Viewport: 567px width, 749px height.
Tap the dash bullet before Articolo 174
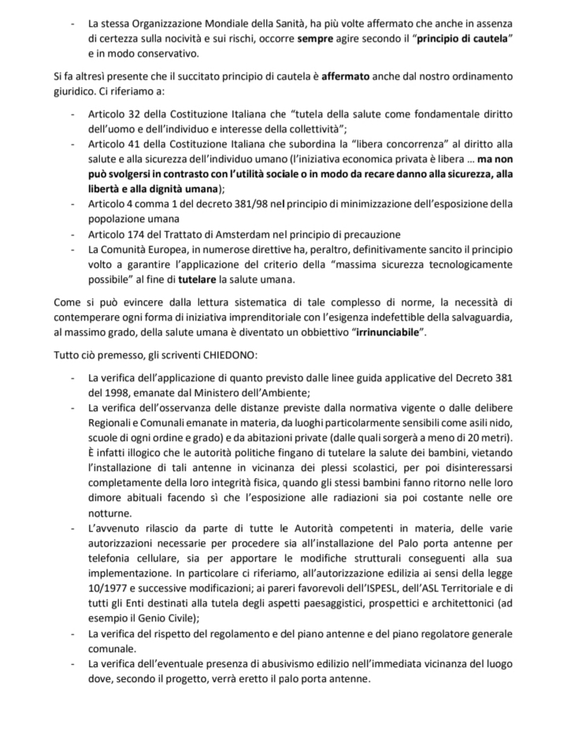click(x=73, y=234)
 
